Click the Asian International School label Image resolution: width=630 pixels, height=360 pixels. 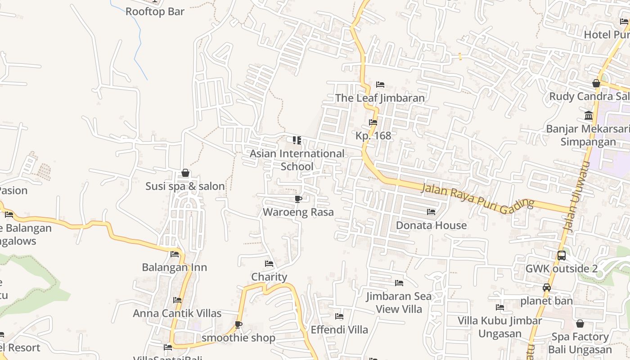[x=297, y=160]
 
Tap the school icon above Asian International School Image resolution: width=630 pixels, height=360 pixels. [x=297, y=140]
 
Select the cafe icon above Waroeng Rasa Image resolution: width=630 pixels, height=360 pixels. [x=298, y=199]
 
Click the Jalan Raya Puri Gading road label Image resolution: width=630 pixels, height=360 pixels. [x=477, y=196]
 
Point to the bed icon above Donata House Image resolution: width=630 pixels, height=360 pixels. [x=431, y=211]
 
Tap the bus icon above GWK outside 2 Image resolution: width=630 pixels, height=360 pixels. [x=561, y=256]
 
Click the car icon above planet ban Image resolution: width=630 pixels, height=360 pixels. [x=547, y=288]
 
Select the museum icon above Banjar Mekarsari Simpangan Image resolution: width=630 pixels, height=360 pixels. [x=588, y=116]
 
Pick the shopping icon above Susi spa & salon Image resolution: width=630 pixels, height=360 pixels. [x=185, y=173]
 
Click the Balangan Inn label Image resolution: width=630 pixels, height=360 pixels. [x=175, y=267]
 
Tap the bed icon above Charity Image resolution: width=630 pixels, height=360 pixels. [x=269, y=263]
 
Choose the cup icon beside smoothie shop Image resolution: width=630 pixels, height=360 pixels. [x=238, y=324]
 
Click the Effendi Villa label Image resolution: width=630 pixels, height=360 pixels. [x=339, y=330]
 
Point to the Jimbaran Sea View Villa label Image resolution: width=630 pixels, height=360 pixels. [x=399, y=302]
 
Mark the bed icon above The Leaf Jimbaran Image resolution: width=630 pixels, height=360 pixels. [x=380, y=85]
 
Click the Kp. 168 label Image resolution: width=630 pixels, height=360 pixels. [x=373, y=136]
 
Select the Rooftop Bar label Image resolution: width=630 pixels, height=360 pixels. [x=155, y=12]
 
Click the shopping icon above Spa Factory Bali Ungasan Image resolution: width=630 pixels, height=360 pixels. [x=580, y=324]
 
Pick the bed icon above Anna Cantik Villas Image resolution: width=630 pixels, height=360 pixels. [x=177, y=300]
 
